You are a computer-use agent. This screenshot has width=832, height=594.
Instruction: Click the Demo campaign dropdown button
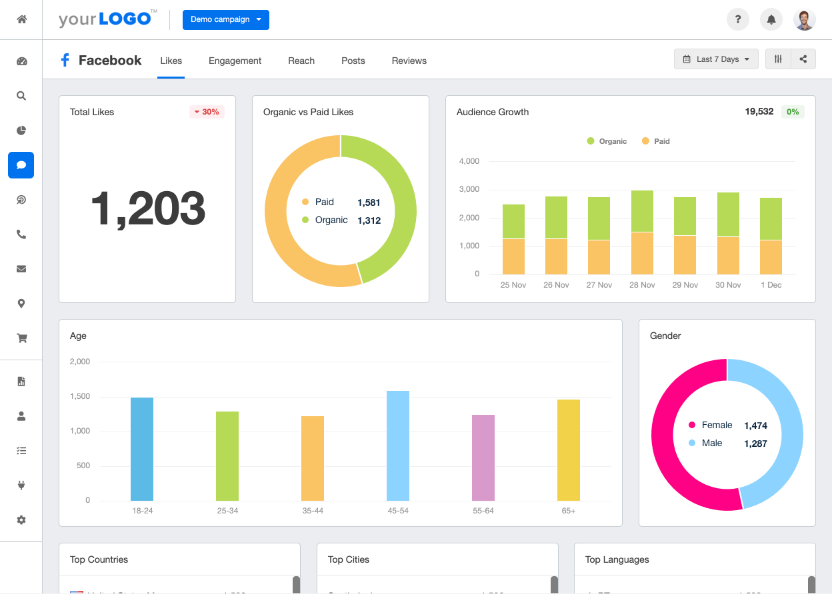point(225,20)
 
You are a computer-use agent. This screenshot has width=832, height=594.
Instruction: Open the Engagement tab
point(235,61)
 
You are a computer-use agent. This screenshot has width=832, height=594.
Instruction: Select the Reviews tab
point(409,61)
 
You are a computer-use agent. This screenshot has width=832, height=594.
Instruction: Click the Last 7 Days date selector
point(716,59)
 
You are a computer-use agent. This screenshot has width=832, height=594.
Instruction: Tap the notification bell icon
point(771,20)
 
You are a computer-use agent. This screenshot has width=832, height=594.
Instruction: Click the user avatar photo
point(805,20)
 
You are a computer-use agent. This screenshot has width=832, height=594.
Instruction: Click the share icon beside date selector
point(803,59)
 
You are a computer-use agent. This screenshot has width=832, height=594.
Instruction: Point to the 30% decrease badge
point(207,112)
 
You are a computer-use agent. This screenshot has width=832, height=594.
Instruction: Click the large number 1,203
point(147,208)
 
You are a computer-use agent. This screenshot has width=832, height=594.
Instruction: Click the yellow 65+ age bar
point(569,449)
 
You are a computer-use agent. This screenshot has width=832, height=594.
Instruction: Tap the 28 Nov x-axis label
point(643,285)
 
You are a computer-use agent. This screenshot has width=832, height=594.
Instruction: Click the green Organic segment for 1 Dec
point(771,218)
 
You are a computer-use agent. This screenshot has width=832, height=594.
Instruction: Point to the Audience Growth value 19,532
point(759,112)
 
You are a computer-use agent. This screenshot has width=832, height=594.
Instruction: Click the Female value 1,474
point(755,426)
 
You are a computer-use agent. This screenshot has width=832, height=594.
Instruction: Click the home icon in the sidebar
point(21,19)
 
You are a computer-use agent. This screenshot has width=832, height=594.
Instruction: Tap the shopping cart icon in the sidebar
point(21,338)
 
